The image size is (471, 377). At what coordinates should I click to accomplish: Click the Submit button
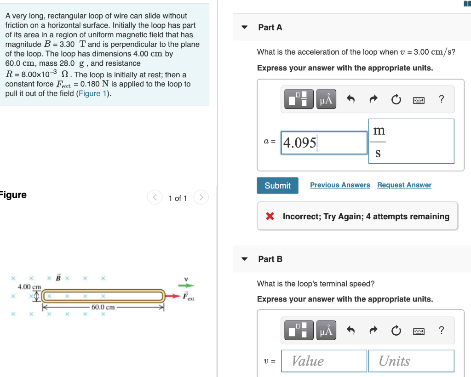pos(277,185)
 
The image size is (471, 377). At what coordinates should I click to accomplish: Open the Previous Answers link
pos(340,185)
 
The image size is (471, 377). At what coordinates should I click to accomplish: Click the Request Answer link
pos(404,185)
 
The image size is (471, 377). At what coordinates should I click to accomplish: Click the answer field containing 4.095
pos(324,143)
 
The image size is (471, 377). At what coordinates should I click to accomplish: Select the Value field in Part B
pos(324,361)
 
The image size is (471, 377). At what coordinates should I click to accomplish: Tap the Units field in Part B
pos(411,361)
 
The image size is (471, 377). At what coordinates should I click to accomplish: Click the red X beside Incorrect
pos(270,217)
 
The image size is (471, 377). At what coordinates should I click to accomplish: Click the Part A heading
pos(270,28)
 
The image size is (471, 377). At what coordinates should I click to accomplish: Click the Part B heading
pos(270,259)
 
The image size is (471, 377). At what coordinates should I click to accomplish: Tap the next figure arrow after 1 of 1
pos(201,198)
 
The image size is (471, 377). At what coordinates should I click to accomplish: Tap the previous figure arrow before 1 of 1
pos(154,198)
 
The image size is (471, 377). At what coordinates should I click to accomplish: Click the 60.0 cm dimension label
pos(103,307)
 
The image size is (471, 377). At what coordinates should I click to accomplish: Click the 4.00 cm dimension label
pos(29,287)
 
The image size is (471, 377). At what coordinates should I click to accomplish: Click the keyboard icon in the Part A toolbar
pos(418,99)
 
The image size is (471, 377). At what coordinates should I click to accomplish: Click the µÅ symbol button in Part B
pos(326,331)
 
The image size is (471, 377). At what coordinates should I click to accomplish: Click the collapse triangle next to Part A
pos(245,28)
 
